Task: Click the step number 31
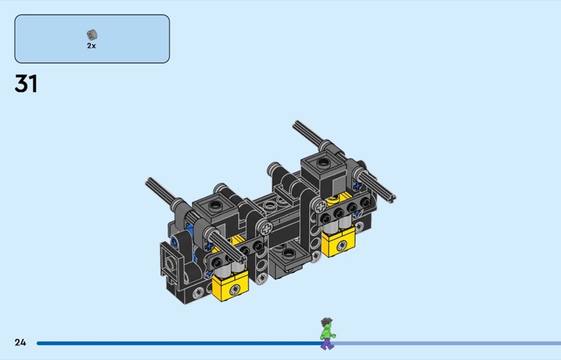[x=26, y=84]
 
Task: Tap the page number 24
[x=20, y=342]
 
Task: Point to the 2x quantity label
[x=91, y=46]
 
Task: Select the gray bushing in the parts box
[x=92, y=35]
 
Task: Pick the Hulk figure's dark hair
[x=326, y=321]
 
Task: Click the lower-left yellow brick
[x=230, y=284]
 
